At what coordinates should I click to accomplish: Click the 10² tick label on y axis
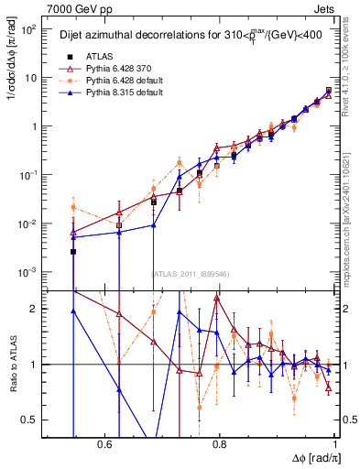click(27, 29)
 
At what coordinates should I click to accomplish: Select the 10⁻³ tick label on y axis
click(27, 273)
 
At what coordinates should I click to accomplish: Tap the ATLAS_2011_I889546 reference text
click(191, 274)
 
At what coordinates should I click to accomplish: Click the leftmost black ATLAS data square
click(73, 251)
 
